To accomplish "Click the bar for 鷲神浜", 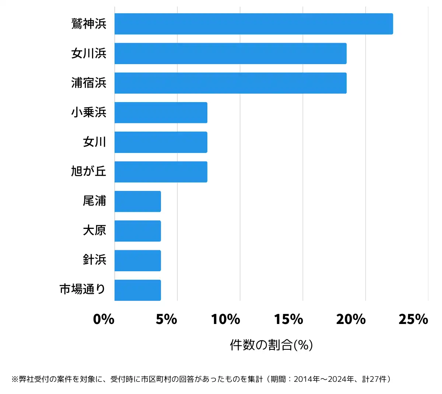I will (x=253, y=24).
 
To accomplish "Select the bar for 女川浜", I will (x=230, y=53).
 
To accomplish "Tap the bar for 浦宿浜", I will (x=230, y=83).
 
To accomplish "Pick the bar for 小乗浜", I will (x=161, y=112).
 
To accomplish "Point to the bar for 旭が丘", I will (x=161, y=172).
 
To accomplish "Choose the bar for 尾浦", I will (x=137, y=201).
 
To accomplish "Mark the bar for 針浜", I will (x=137, y=261).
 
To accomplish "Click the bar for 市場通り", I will (x=137, y=290).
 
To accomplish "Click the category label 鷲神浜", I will (x=89, y=24).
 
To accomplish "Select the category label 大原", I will (x=94, y=231).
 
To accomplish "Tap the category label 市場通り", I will (x=83, y=290).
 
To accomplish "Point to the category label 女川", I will (x=94, y=142).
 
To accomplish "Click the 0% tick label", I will (x=104, y=319).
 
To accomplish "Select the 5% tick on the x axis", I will (x=166, y=319).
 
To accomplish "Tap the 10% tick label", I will (x=225, y=319).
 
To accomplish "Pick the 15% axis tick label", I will (x=288, y=319).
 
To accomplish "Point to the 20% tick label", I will (x=351, y=319).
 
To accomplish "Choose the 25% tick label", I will (x=413, y=319).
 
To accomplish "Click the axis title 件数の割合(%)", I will (x=271, y=345).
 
